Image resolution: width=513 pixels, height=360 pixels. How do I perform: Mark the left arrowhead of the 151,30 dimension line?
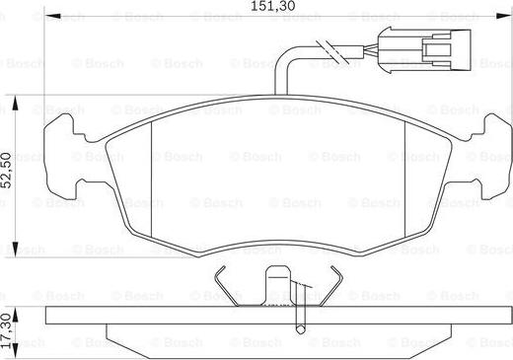point(50,18)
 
